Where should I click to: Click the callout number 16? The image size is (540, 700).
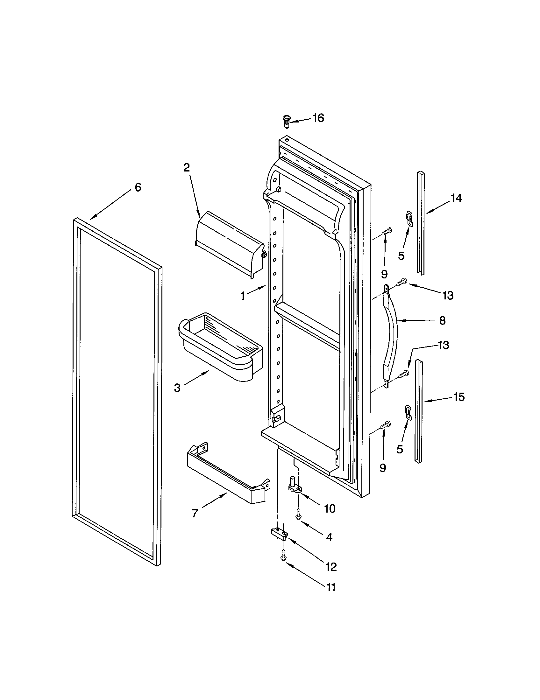tap(318, 118)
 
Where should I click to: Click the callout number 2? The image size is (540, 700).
tap(187, 167)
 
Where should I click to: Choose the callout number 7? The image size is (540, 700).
tap(195, 513)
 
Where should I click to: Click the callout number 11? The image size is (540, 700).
tap(330, 587)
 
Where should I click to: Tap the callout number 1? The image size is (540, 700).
tap(243, 296)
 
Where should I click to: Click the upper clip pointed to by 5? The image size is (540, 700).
tap(409, 218)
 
